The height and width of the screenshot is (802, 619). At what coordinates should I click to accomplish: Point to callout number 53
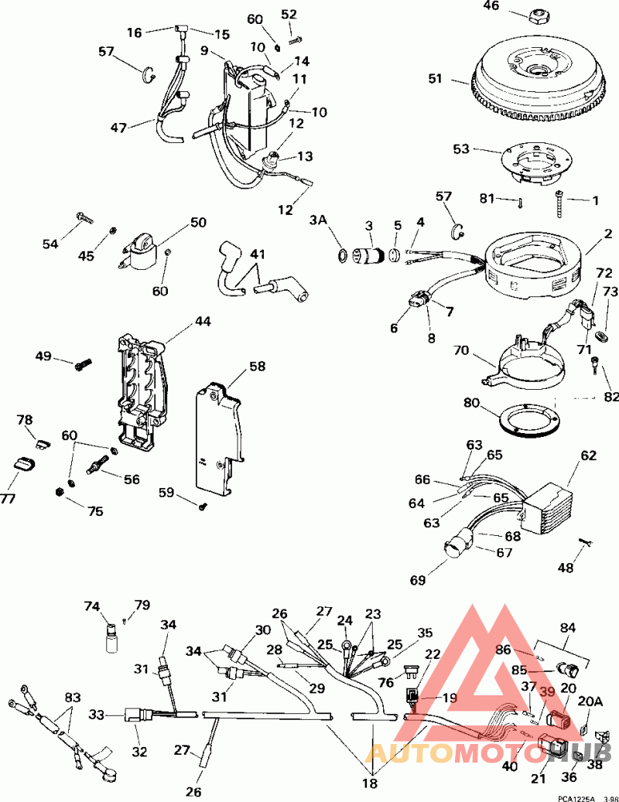click(x=460, y=148)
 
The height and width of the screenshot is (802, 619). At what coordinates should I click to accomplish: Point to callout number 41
click(x=256, y=254)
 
